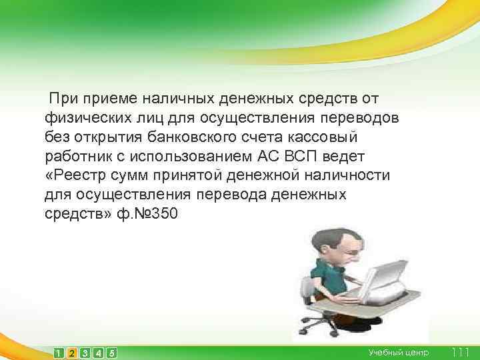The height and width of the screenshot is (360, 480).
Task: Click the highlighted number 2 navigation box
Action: pyautogui.click(x=73, y=353)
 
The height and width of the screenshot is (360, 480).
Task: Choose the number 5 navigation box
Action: pyautogui.click(x=112, y=353)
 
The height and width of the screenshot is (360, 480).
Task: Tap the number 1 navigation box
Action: pyautogui.click(x=60, y=353)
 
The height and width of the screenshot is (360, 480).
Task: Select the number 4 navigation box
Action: pyautogui.click(x=99, y=353)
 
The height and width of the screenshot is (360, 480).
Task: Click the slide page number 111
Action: pyautogui.click(x=461, y=352)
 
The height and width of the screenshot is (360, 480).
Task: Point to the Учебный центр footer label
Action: pyautogui.click(x=399, y=352)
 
